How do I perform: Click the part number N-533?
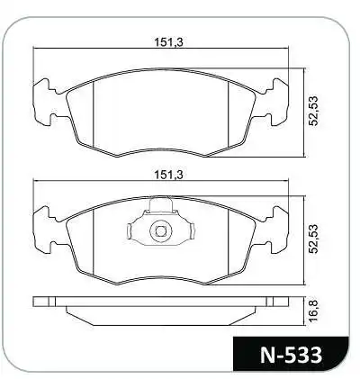[x=289, y=352]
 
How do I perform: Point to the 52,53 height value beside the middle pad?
[x=317, y=243]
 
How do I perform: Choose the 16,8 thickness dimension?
[x=317, y=308]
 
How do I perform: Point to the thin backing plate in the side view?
[x=163, y=300]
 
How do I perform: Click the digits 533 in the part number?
[x=301, y=352]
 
